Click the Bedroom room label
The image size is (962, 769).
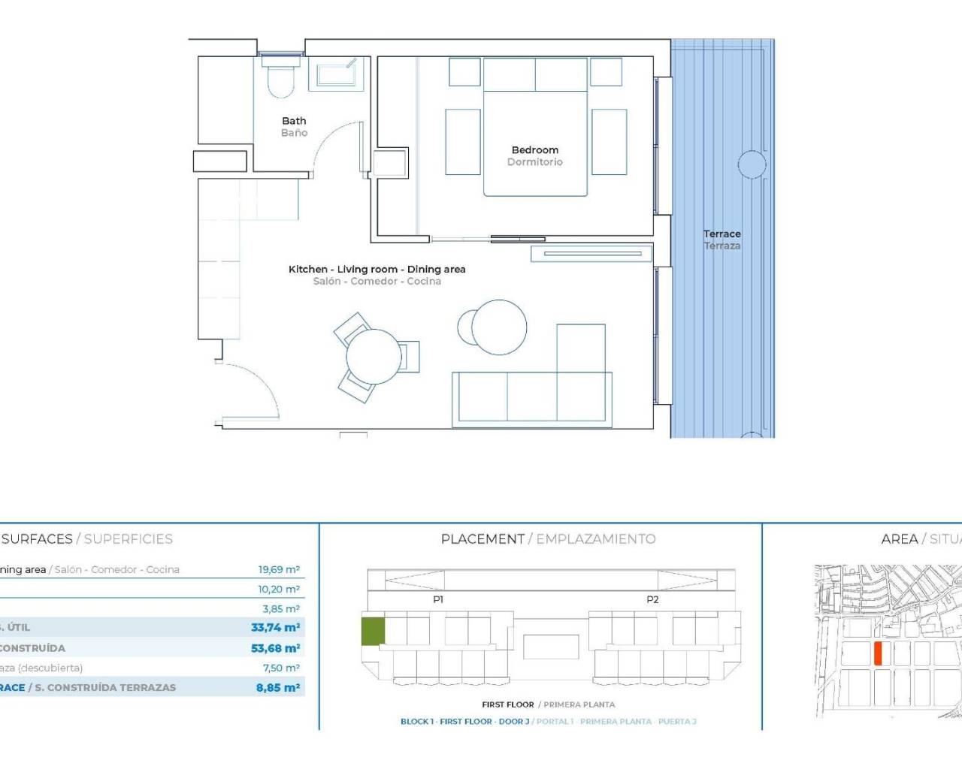[534, 150]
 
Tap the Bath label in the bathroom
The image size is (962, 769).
[294, 121]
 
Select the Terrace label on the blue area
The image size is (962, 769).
[721, 234]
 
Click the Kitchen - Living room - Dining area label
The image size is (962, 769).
[377, 270]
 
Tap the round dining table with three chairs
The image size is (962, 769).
[374, 357]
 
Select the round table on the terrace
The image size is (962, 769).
[751, 164]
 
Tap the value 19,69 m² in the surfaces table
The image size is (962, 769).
[279, 570]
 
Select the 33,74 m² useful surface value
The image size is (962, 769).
[275, 628]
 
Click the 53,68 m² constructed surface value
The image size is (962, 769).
[275, 648]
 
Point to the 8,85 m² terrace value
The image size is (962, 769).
[277, 687]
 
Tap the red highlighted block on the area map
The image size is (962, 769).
[877, 653]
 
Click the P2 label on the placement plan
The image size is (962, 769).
[652, 599]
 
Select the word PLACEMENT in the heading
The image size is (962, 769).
[483, 539]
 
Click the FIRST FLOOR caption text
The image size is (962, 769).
[508, 704]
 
